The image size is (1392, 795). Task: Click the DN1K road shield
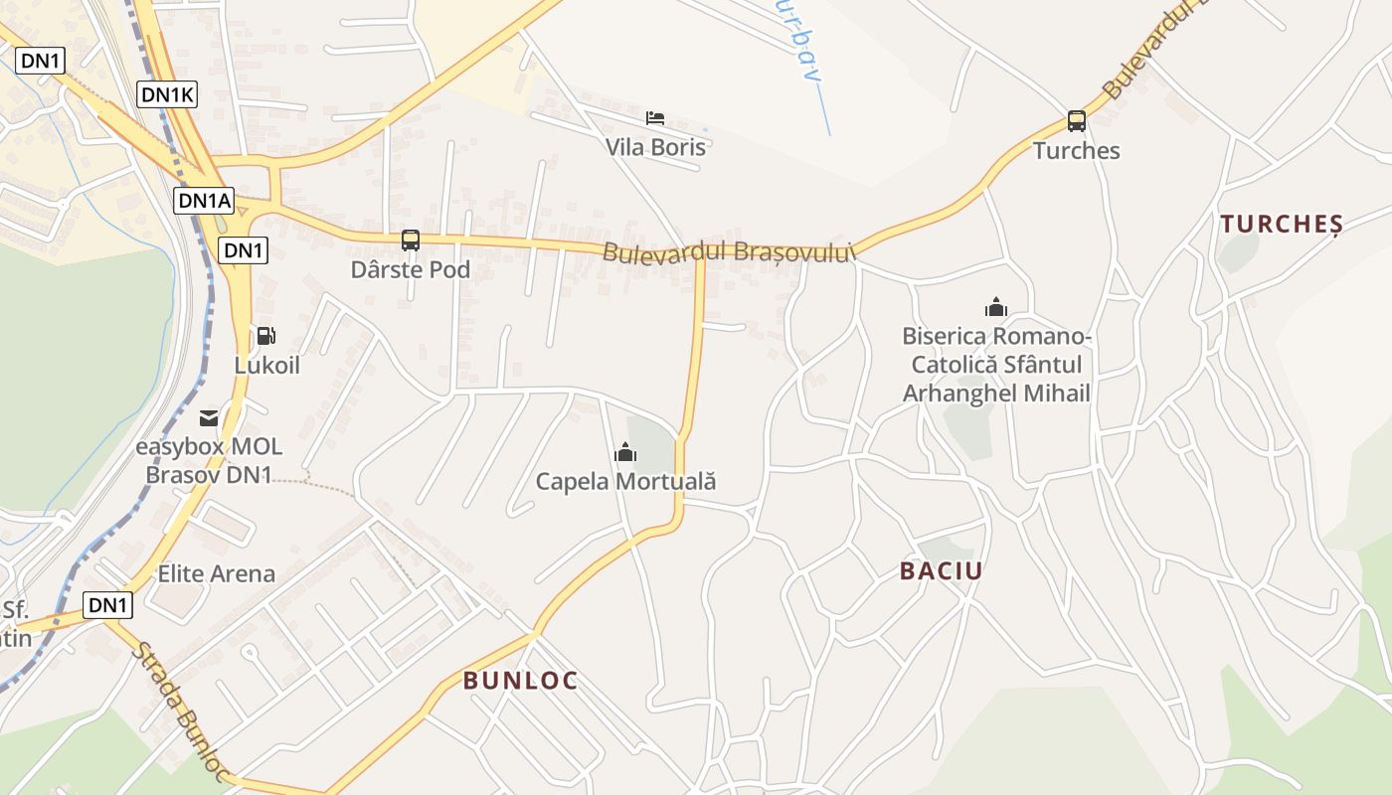(x=167, y=94)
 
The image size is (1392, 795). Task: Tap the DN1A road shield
(x=205, y=201)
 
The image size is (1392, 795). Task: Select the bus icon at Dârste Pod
(x=411, y=239)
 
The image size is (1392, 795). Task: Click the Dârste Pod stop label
(x=411, y=269)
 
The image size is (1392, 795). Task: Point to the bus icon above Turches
(x=1076, y=121)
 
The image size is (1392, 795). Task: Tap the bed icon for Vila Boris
(x=655, y=118)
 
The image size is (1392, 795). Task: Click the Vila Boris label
(x=656, y=147)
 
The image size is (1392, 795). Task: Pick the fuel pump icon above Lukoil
(x=265, y=337)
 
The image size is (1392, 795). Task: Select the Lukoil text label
(x=266, y=365)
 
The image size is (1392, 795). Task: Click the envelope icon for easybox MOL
(x=209, y=418)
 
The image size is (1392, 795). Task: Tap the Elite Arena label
(x=217, y=573)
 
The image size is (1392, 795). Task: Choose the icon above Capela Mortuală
(x=625, y=453)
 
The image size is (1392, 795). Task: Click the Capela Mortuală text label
(x=625, y=482)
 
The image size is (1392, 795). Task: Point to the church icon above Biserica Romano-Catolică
(x=996, y=307)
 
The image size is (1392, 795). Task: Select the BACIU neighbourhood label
(x=941, y=570)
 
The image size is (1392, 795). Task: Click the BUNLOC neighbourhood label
(x=520, y=681)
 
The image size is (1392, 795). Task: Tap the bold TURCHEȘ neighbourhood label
(x=1282, y=224)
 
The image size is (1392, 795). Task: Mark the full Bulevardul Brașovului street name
(x=729, y=252)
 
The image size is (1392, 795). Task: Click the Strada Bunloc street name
(x=183, y=712)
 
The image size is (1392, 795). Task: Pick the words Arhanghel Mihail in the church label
(x=996, y=394)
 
